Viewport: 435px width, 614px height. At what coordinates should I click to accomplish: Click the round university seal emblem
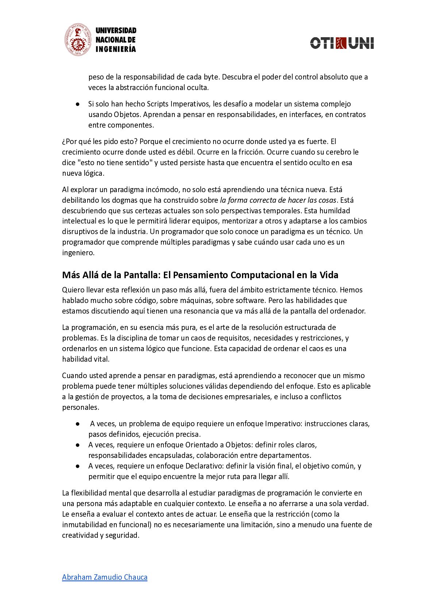(x=78, y=40)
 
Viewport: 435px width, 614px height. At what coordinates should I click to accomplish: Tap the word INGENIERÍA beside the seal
(x=116, y=49)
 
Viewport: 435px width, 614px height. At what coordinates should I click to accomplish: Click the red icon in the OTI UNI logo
(x=341, y=43)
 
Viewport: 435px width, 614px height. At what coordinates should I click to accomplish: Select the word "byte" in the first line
(x=211, y=77)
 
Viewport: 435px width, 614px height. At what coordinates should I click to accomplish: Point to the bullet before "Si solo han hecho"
(x=78, y=104)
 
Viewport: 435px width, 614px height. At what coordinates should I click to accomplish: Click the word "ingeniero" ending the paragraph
(x=78, y=253)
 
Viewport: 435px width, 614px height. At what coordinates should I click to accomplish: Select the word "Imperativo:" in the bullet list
(x=284, y=424)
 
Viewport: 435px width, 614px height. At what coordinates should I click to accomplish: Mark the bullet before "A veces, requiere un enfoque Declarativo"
(x=78, y=466)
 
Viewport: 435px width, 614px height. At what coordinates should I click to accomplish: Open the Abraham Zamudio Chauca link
(x=105, y=577)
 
